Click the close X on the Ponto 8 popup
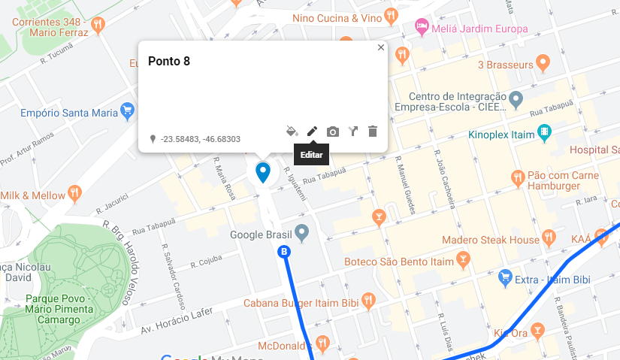pyautogui.click(x=381, y=47)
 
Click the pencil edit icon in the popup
pyautogui.click(x=312, y=132)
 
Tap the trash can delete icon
pyautogui.click(x=373, y=132)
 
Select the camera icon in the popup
pyautogui.click(x=333, y=132)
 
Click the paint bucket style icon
pyautogui.click(x=292, y=132)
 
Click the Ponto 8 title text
pyautogui.click(x=168, y=62)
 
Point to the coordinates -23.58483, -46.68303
pyautogui.click(x=200, y=139)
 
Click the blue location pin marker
pyautogui.click(x=263, y=171)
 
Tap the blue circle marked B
pyautogui.click(x=284, y=252)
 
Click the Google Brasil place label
pyautogui.click(x=260, y=234)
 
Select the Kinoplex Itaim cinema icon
pyautogui.click(x=545, y=135)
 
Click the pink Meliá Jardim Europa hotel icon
pyautogui.click(x=422, y=28)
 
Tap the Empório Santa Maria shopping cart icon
pyautogui.click(x=127, y=112)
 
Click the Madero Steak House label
pyautogui.click(x=491, y=240)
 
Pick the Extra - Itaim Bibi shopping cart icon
pyautogui.click(x=506, y=279)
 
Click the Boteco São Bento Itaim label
pyautogui.click(x=398, y=262)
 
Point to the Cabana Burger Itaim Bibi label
pyautogui.click(x=301, y=303)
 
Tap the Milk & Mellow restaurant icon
pyautogui.click(x=74, y=195)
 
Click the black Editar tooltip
pyautogui.click(x=312, y=155)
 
